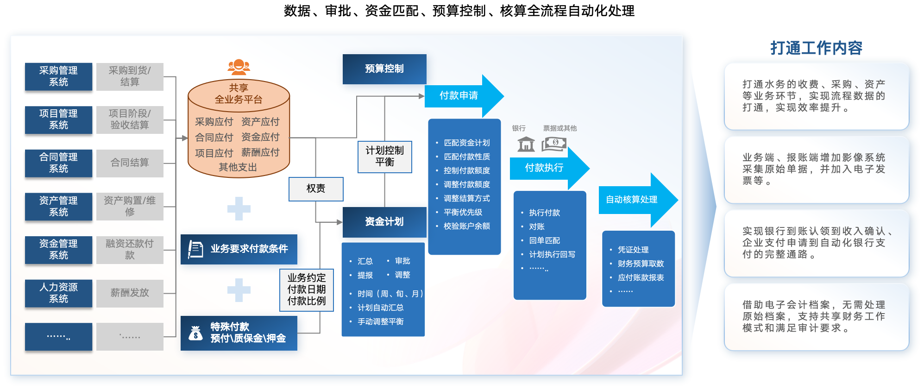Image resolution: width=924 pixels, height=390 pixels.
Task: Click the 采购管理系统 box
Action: click(x=58, y=76)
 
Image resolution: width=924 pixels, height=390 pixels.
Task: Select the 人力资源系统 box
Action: click(x=58, y=293)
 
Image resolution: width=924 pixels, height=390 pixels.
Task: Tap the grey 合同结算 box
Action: click(x=130, y=163)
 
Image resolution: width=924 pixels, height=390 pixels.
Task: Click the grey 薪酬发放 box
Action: click(x=130, y=293)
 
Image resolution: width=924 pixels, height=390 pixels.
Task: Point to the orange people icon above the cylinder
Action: click(x=239, y=67)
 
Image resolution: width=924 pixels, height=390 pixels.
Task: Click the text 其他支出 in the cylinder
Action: click(x=238, y=167)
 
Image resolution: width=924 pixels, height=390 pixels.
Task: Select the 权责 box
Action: click(x=316, y=189)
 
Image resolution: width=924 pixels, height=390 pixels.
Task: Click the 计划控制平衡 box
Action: click(x=384, y=157)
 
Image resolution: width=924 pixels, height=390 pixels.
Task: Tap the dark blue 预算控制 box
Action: click(x=384, y=69)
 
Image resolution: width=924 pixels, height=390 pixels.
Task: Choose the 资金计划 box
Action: click(x=384, y=222)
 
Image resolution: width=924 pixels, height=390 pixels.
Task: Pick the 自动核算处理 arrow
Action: click(x=635, y=200)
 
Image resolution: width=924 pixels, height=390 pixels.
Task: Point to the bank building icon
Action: click(x=526, y=144)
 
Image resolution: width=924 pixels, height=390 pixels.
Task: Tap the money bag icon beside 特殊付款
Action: click(x=195, y=333)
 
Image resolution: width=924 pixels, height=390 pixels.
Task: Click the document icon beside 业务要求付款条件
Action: click(x=195, y=249)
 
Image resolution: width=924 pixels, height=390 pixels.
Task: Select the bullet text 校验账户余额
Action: click(x=466, y=226)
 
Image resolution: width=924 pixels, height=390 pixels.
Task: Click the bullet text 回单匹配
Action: click(x=545, y=241)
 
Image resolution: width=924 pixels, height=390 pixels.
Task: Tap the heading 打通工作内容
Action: click(x=816, y=48)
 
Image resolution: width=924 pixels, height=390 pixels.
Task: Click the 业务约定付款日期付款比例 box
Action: click(x=307, y=290)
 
